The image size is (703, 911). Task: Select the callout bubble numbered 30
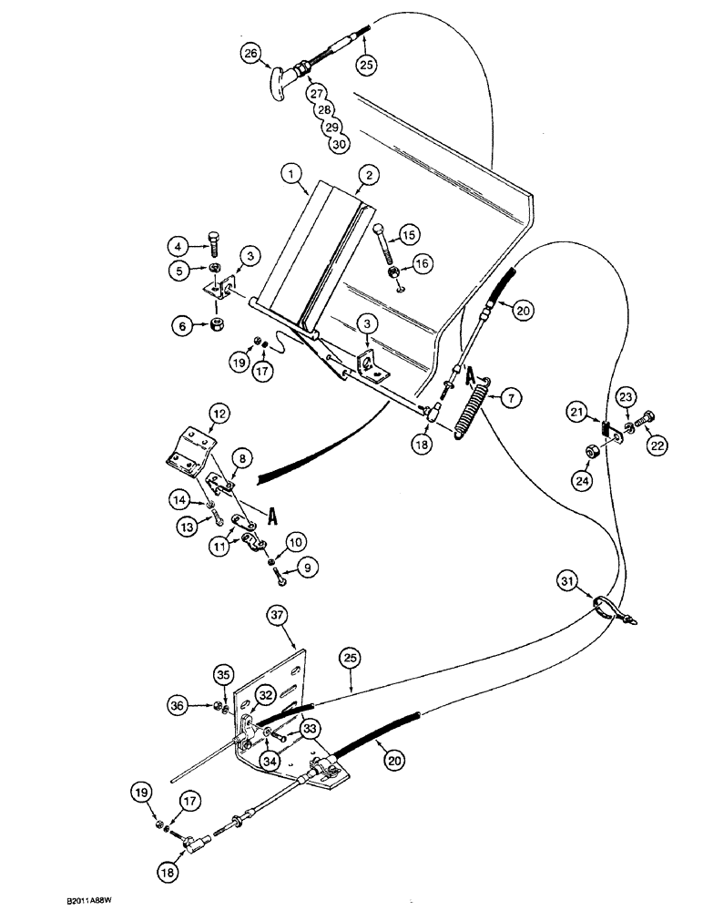(338, 143)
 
